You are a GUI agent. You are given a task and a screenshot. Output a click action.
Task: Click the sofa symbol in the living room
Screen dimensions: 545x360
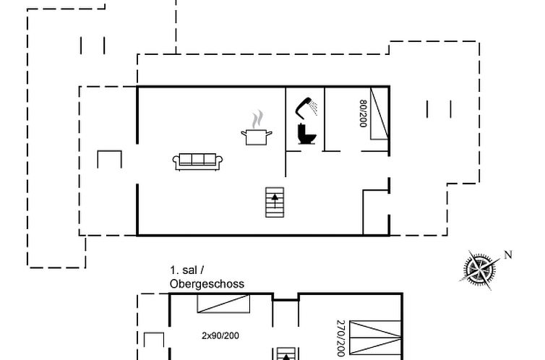[x=197, y=162]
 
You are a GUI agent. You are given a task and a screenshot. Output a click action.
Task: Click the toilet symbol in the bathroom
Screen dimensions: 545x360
[x=306, y=134]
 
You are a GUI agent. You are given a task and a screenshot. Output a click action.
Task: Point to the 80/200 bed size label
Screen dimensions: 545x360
[x=363, y=113]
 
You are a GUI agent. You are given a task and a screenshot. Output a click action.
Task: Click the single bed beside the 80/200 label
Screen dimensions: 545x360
[x=379, y=113]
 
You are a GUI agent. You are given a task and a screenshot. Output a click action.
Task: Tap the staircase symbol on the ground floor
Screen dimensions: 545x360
[x=275, y=202]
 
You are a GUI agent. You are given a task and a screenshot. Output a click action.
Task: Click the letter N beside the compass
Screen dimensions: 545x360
[x=508, y=254]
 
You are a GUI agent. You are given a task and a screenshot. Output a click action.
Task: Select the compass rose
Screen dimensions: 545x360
[x=480, y=270]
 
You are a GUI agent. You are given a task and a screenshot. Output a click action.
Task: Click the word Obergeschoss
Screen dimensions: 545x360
[x=207, y=284]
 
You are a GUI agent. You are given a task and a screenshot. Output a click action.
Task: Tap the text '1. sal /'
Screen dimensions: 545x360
[x=187, y=270]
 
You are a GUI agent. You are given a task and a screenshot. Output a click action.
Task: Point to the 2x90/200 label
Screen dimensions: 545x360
[x=220, y=335]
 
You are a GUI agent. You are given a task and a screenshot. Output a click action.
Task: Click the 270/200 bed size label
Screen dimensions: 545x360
[x=340, y=338]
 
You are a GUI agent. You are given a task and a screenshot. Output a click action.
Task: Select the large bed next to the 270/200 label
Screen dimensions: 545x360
[x=375, y=338]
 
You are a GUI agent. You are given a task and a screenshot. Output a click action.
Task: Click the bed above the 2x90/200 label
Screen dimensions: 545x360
[x=223, y=304]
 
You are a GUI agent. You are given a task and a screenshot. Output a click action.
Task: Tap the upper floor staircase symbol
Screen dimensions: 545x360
[x=286, y=353]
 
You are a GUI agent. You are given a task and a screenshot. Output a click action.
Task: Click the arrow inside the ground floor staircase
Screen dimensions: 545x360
[x=275, y=200]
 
